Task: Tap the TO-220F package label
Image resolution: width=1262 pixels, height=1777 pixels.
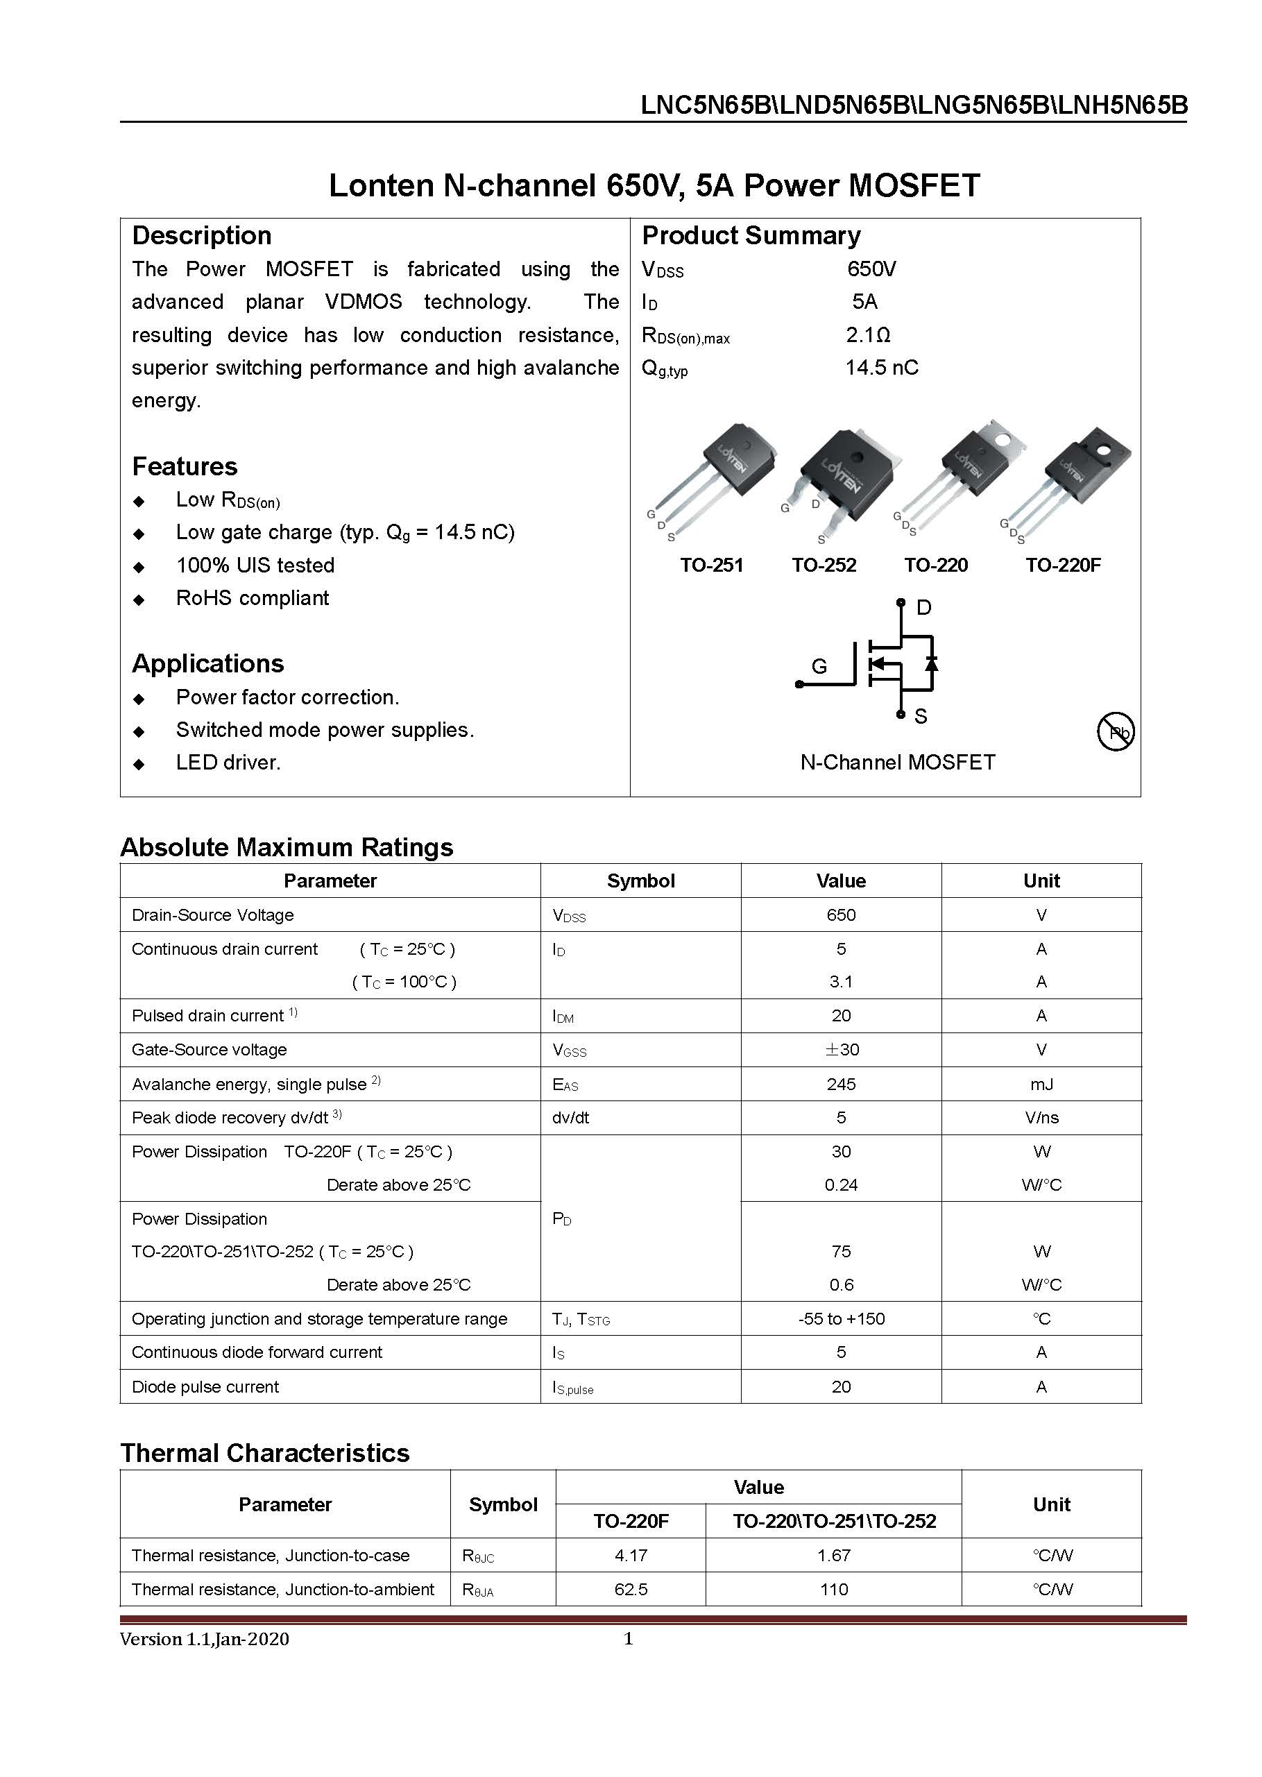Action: coord(1062,565)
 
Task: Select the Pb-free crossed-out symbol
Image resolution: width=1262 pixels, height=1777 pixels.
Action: coord(1115,731)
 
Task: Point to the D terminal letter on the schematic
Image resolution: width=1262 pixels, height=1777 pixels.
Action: coord(924,608)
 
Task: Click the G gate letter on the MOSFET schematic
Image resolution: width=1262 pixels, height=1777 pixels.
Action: coord(819,667)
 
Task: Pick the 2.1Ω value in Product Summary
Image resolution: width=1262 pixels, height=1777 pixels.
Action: coord(868,335)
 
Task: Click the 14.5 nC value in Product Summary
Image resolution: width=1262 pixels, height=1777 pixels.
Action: coord(881,368)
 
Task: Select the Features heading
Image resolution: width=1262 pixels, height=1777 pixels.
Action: coord(185,466)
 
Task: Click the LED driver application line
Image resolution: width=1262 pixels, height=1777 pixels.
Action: coord(228,763)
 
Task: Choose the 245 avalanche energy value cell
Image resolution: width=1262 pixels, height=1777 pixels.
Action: coord(841,1084)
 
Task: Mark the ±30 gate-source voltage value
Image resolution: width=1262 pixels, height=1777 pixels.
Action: coord(841,1050)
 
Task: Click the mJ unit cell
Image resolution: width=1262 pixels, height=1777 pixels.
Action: coord(1041,1084)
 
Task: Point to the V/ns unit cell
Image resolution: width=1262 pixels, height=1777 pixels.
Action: coord(1041,1117)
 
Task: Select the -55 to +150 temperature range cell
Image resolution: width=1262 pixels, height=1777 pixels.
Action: coord(841,1318)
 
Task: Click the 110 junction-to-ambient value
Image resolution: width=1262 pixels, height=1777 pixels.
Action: coord(833,1589)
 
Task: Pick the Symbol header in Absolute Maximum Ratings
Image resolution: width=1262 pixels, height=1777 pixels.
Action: coord(640,881)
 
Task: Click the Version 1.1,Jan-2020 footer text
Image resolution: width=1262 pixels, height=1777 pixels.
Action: coord(205,1639)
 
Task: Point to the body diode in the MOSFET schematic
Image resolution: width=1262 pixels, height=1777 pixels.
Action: coord(931,663)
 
